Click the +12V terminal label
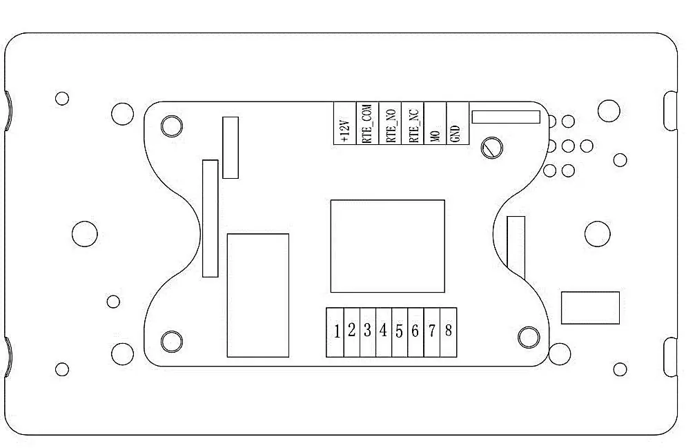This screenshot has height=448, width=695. (x=346, y=131)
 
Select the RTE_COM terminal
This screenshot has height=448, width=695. (x=368, y=123)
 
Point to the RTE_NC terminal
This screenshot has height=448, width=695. (x=413, y=123)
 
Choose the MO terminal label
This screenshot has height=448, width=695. (x=435, y=135)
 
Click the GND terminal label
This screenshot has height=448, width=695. (x=455, y=134)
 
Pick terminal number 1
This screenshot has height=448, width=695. (x=335, y=332)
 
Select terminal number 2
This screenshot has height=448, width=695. (x=352, y=332)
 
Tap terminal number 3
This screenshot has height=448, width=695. (x=368, y=332)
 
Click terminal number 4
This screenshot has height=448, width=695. (x=384, y=332)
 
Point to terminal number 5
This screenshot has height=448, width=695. (x=400, y=332)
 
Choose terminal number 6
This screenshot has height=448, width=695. (x=415, y=332)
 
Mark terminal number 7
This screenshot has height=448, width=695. (x=432, y=332)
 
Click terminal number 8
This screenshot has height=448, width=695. (x=449, y=332)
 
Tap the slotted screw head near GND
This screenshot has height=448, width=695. (x=492, y=148)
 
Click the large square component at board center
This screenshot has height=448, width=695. (x=388, y=246)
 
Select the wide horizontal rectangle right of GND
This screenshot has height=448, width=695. (x=506, y=117)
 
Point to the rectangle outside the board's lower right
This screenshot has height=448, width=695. (x=590, y=308)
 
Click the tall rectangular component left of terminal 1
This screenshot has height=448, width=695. (x=258, y=295)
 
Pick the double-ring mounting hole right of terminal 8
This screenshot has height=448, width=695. (x=529, y=338)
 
